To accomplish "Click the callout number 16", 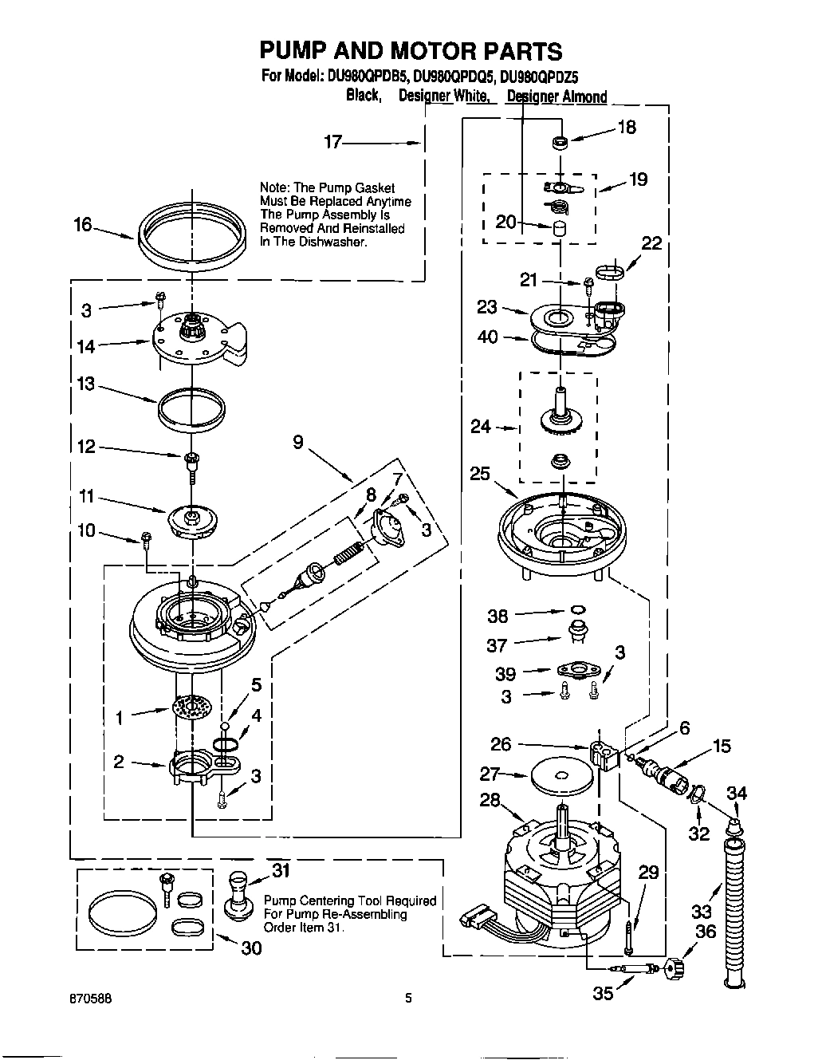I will pos(83,225).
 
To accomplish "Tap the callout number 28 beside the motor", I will pos(490,800).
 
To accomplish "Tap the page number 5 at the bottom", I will pos(408,997).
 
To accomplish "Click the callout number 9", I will pos(298,441).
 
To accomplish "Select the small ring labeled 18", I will pos(560,143).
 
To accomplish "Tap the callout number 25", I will pos(479,473).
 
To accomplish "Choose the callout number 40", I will pos(487,337).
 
